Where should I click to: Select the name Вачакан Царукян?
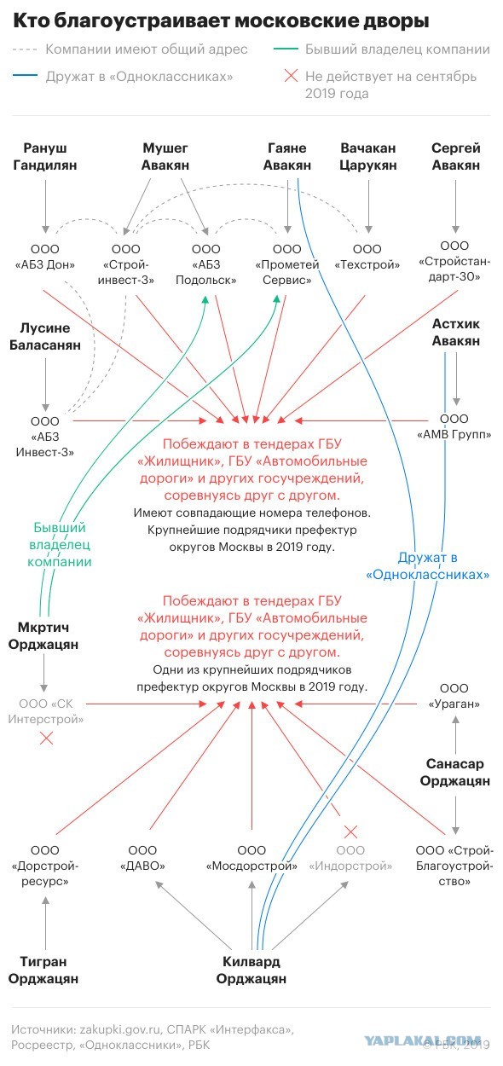tap(368, 157)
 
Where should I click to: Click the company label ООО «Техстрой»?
tap(367, 257)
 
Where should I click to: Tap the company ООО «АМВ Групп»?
tap(454, 427)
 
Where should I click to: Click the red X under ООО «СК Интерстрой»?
tap(46, 738)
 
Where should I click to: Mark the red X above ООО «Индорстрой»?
tap(350, 831)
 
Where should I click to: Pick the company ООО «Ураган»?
tap(454, 696)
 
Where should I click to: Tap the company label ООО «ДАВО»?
tap(142, 858)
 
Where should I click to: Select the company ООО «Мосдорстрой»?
tap(251, 858)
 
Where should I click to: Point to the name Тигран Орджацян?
tap(43, 970)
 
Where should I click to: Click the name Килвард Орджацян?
tap(251, 970)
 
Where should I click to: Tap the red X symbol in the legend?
tap(289, 78)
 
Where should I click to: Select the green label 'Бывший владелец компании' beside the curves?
tap(62, 544)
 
